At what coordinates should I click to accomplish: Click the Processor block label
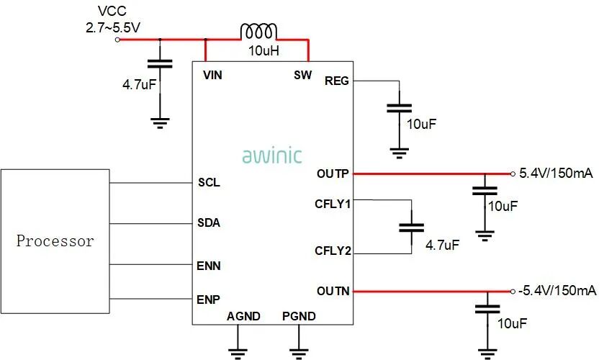coord(55,241)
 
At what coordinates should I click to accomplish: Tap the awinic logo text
coord(272,155)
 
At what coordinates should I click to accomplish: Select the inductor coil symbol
coord(258,32)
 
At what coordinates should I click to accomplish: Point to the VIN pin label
coord(213,75)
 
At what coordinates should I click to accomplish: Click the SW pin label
coord(302,75)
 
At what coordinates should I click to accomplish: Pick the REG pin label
coord(337,81)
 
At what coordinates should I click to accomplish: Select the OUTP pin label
coord(333,174)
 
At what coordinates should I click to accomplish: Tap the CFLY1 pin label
coord(333,204)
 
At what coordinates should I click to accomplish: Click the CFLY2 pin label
coord(333,251)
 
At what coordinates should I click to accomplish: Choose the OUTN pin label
coord(333,291)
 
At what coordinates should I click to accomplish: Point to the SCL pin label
coord(209,182)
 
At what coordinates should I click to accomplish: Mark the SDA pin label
coord(209,222)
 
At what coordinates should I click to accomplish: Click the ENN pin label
coord(209,266)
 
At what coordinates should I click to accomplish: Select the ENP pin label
coord(209,299)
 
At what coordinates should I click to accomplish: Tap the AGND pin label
coord(243,316)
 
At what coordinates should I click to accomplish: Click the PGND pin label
coord(299,316)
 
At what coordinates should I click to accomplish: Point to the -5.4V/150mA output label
coord(556,291)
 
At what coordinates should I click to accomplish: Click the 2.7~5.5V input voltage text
coord(113,26)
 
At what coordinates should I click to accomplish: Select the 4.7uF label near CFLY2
coord(442,245)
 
